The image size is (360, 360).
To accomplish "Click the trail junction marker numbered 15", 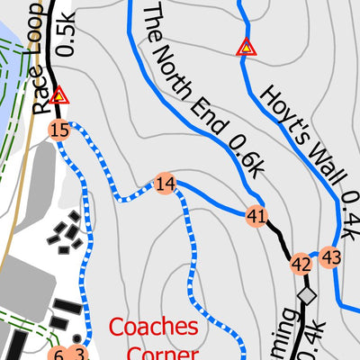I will click(x=60, y=130).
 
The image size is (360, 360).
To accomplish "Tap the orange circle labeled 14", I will click(x=165, y=184).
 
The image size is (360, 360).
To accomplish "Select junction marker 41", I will click(x=256, y=216).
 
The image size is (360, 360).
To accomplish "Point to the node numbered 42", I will click(x=301, y=264).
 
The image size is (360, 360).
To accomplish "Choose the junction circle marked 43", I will click(x=331, y=257).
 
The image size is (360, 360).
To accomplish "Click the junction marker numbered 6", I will click(x=58, y=354).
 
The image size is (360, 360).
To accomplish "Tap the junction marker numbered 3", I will click(x=79, y=354).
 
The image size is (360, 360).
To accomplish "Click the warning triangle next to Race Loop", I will click(x=59, y=94).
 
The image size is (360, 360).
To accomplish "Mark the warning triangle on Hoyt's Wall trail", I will click(x=245, y=47).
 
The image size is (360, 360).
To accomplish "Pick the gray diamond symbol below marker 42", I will click(x=308, y=295).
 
